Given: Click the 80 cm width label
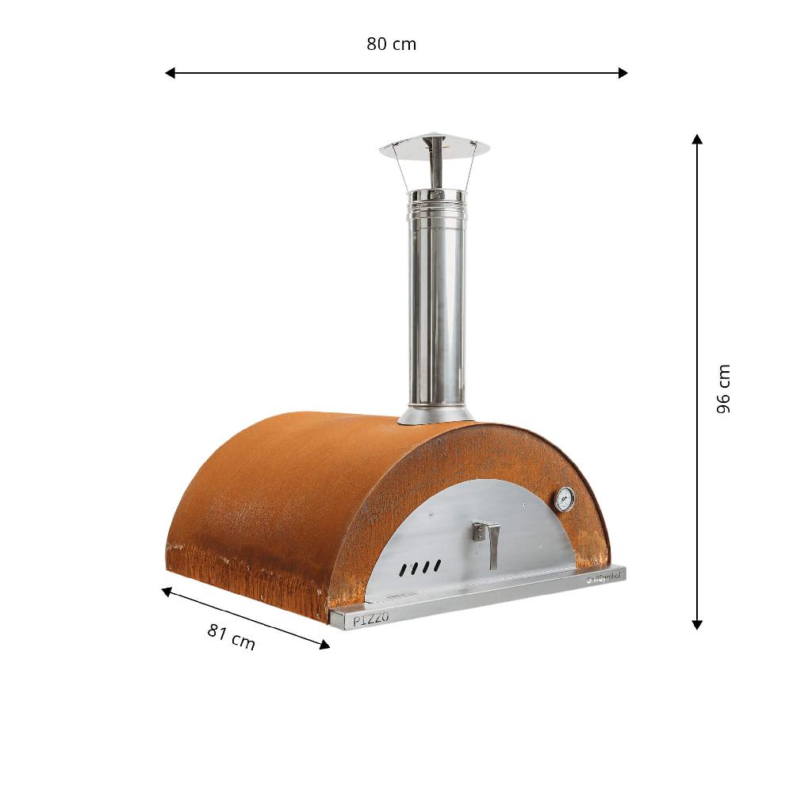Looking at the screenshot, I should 391,44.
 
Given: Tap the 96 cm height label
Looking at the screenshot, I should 723,389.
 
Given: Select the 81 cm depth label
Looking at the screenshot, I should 232,637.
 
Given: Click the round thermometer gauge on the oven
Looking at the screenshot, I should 565,499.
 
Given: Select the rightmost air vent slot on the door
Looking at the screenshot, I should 437,565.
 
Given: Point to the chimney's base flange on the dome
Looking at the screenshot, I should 435,415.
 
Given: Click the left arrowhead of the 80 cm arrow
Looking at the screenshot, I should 170,73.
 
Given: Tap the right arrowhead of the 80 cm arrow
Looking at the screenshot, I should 623,73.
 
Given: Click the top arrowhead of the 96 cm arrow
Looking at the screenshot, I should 697,139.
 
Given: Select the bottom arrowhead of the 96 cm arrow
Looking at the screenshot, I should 697,625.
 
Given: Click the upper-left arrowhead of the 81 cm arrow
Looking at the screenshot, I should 167,591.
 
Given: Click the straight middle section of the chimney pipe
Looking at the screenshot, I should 435,317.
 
